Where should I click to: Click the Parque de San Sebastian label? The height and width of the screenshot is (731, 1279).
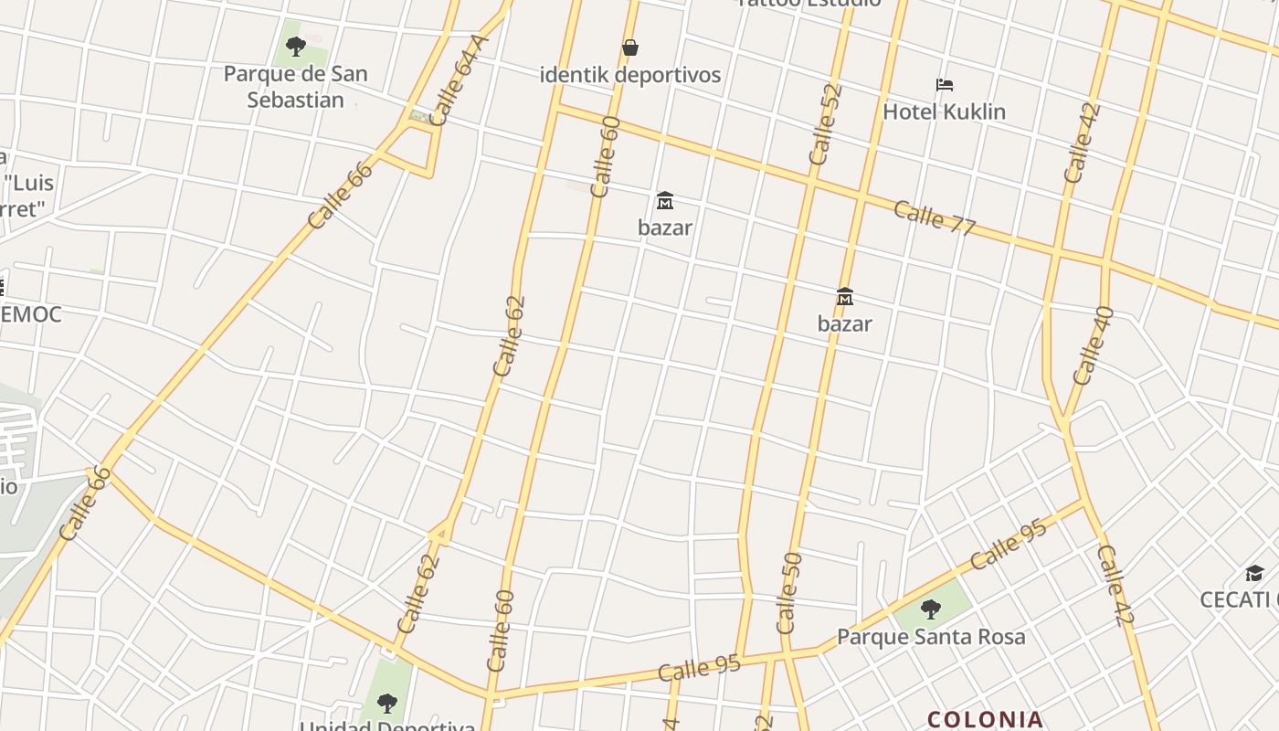295,87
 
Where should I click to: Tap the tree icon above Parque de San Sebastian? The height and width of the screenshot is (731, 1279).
295,46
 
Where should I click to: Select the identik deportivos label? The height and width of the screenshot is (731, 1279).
630,75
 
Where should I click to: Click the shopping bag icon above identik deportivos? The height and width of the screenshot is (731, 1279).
630,48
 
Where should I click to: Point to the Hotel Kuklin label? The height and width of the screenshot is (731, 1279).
944,111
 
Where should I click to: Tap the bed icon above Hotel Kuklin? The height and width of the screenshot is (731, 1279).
945,85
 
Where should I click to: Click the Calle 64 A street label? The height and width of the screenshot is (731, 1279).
459,80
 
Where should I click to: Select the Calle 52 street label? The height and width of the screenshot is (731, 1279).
825,125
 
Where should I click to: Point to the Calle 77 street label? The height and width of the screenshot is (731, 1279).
935,217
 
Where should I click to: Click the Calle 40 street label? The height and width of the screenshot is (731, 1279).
1093,345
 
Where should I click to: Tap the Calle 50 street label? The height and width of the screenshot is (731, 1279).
788,593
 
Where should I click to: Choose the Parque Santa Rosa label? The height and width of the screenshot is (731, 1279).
931,637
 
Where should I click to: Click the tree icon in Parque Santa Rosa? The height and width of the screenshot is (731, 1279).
931,609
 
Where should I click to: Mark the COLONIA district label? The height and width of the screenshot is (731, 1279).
985,720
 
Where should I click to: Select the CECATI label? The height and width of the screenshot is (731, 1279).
1239,599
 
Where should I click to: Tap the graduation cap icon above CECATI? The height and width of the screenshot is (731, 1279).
1254,573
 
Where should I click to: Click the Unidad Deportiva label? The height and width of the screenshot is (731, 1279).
387,726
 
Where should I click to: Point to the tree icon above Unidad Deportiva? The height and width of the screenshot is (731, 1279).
387,703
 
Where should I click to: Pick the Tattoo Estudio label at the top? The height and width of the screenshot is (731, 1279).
809,3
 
